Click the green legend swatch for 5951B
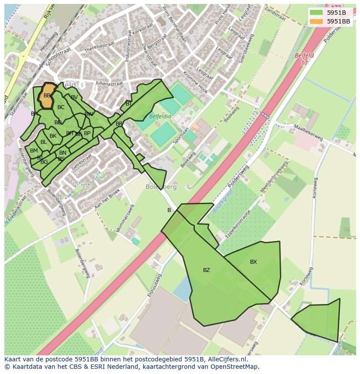[316, 13]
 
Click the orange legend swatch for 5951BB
[316, 21]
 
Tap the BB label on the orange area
[47, 96]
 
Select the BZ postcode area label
[207, 270]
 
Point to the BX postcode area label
[253, 262]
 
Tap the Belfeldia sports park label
[160, 117]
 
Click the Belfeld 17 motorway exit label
[304, 59]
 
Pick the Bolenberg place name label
[161, 187]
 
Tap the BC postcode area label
[61, 107]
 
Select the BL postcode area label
[43, 142]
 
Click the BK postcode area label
[53, 136]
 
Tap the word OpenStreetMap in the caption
[235, 367]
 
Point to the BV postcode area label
[74, 97]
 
